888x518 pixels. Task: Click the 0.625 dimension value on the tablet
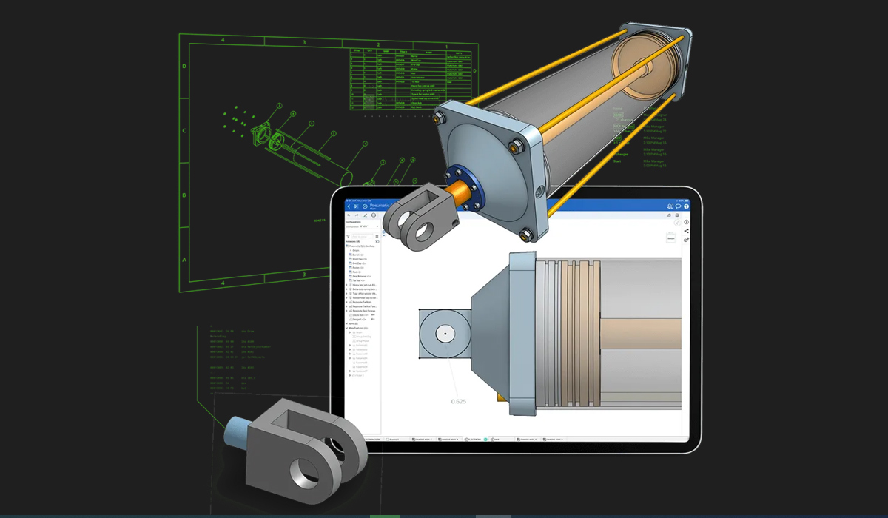pos(460,401)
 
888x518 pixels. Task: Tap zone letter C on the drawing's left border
pos(184,130)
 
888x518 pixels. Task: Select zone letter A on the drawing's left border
pos(184,260)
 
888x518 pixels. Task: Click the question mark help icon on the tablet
pos(686,206)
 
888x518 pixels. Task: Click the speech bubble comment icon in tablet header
pos(678,206)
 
